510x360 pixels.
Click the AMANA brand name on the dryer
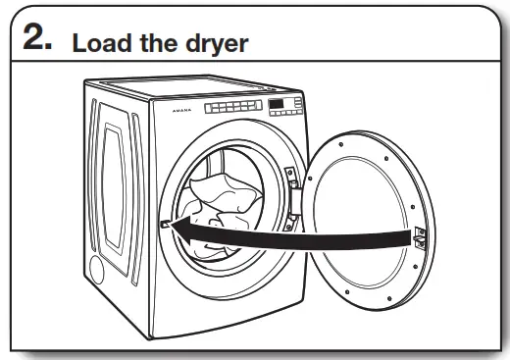click(x=178, y=113)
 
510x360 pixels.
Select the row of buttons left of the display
click(x=231, y=107)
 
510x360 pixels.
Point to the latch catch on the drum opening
click(x=163, y=225)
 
